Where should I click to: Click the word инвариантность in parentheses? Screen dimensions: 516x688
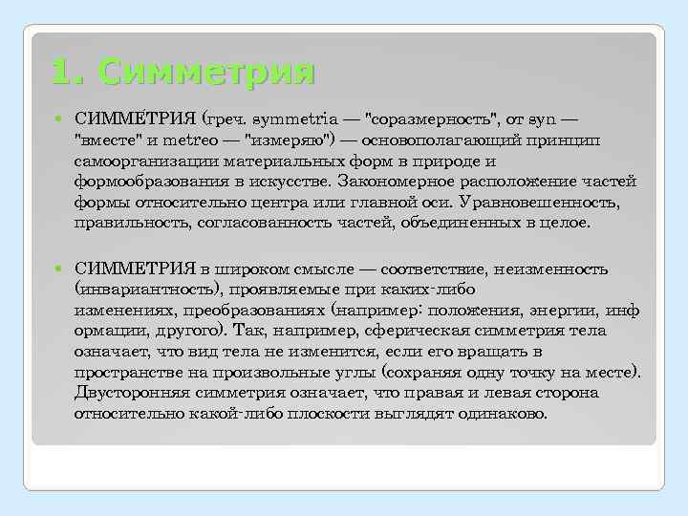[149, 290]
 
